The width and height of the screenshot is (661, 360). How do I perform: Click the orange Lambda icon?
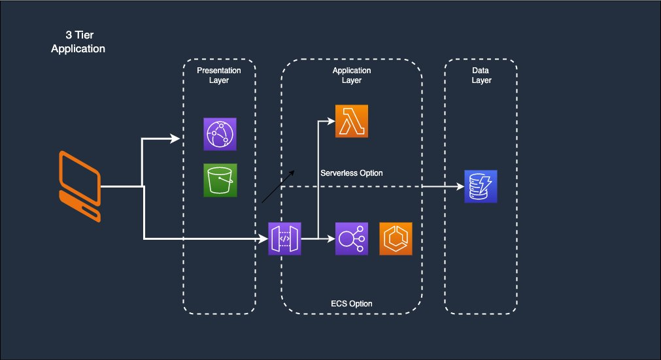(351, 121)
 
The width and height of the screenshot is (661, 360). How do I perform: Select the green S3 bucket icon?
(220, 180)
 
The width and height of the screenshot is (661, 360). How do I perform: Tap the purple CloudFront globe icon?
(220, 135)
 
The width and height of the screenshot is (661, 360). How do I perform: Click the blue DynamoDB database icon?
(481, 186)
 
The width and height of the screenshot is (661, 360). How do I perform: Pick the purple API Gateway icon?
(285, 239)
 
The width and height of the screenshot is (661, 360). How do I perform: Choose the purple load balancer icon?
(351, 238)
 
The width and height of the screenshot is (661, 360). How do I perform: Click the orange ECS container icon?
(396, 238)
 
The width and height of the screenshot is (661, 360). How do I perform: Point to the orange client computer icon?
(80, 186)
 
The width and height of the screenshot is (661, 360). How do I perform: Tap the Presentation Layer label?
(219, 75)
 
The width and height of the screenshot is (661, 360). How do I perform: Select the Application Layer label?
(351, 75)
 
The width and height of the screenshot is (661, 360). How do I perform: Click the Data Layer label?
(481, 75)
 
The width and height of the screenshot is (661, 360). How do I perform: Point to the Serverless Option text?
(352, 173)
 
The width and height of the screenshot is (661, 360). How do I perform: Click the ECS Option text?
(351, 303)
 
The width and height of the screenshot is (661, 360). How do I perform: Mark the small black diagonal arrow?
(278, 187)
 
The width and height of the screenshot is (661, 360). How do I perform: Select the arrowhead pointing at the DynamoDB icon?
(458, 186)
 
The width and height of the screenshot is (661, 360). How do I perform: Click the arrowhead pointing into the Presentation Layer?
(176, 138)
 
